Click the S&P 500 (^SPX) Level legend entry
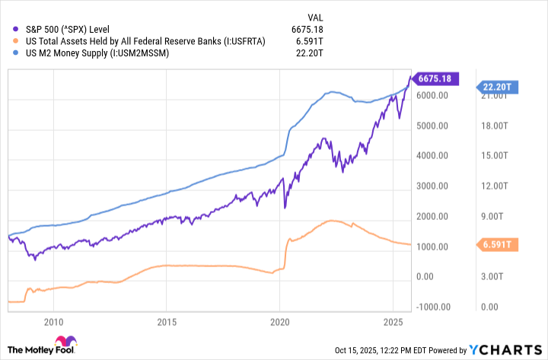[66, 27]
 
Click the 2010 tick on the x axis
[54, 321]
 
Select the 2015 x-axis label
[167, 321]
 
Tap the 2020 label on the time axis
[280, 321]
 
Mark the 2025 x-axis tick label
[393, 321]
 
